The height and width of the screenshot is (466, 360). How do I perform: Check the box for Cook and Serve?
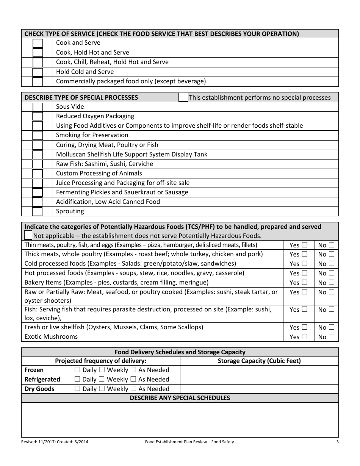click(38, 43)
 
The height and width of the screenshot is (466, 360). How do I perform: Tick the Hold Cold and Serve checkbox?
click(38, 72)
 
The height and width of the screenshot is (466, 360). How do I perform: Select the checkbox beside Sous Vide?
click(38, 107)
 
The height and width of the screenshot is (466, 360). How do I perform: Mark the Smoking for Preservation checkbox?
click(38, 135)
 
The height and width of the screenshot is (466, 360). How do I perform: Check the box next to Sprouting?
click(38, 211)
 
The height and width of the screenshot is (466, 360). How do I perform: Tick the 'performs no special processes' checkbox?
click(183, 97)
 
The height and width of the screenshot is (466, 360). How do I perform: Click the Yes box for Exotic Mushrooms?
click(304, 336)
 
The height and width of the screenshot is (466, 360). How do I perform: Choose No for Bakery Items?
click(332, 282)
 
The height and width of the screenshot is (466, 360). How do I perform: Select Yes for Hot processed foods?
click(304, 273)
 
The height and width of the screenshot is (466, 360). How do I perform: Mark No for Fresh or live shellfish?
click(332, 327)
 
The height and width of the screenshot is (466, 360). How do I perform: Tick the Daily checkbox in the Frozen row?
click(77, 369)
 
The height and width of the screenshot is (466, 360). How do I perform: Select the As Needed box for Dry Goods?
click(133, 388)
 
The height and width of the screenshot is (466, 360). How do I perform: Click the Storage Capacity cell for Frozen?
click(259, 370)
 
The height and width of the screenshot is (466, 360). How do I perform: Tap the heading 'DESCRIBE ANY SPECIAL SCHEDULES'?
click(180, 398)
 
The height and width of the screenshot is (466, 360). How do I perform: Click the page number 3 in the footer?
click(337, 442)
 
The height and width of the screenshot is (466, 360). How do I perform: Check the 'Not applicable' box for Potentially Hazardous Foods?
click(28, 235)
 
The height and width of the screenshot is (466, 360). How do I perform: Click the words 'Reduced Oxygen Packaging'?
click(95, 116)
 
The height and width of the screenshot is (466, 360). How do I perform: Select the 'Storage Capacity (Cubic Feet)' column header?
click(259, 361)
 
